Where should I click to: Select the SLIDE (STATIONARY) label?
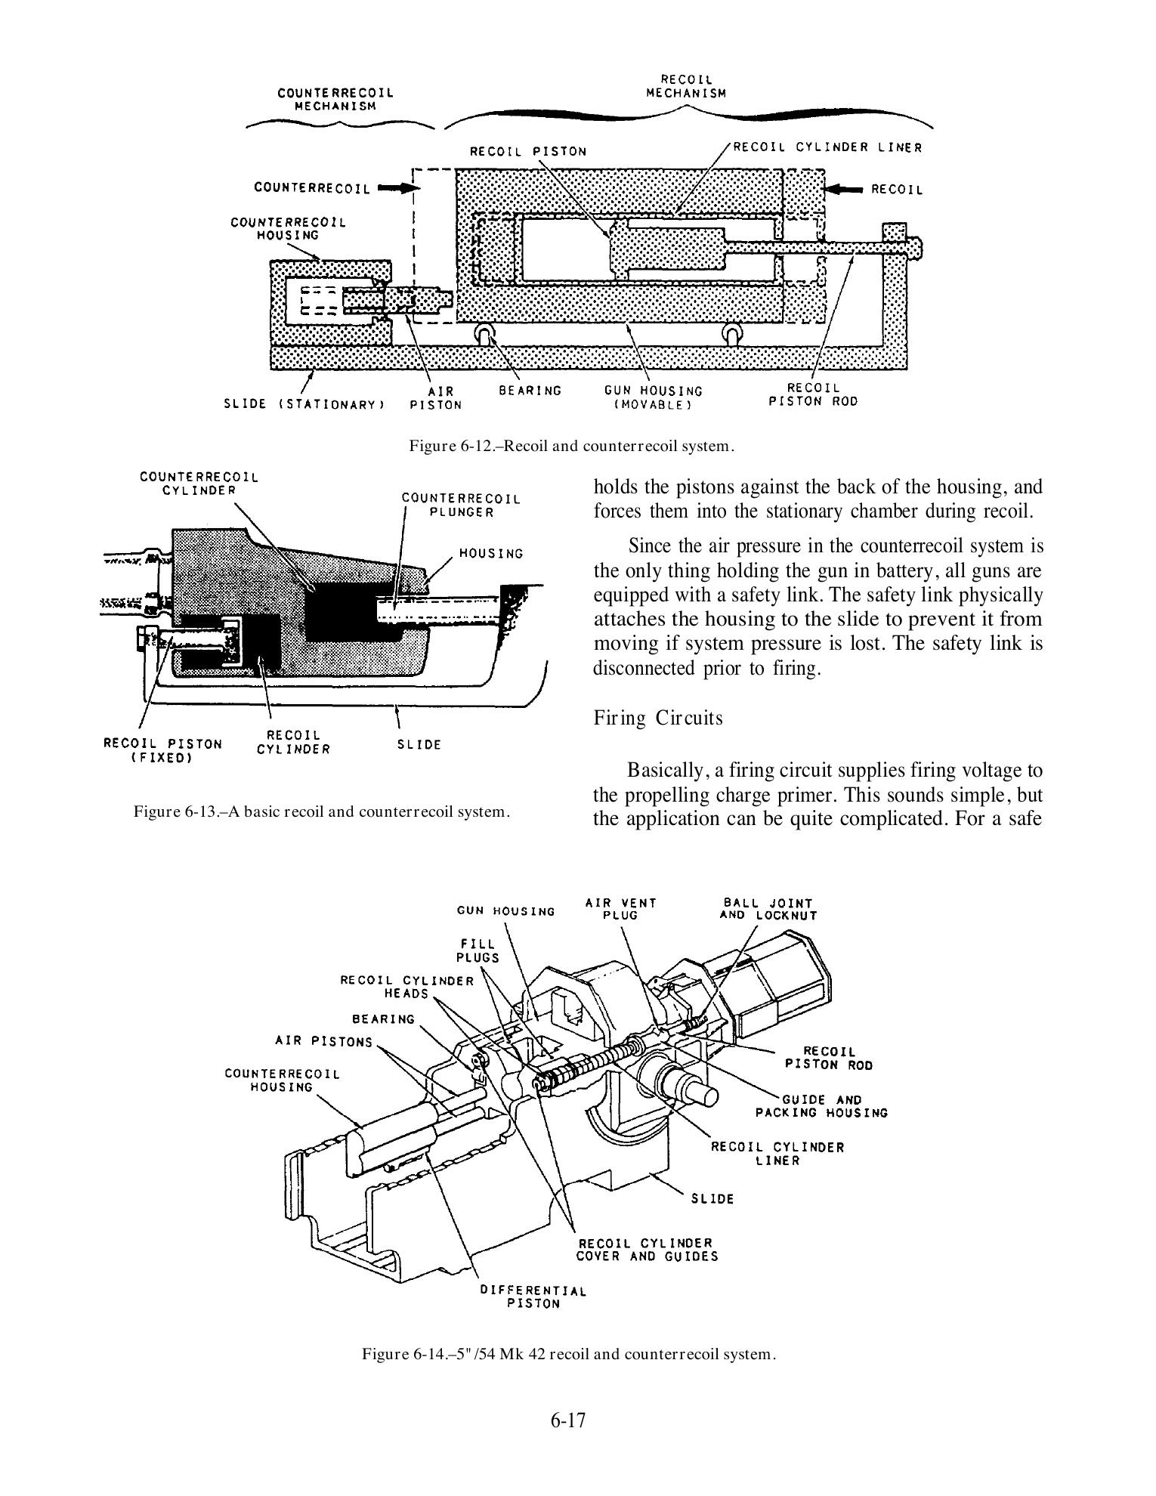pos(304,404)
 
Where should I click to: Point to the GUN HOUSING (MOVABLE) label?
pos(653,397)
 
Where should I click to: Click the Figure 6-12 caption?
pos(571,446)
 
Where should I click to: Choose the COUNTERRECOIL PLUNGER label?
pos(461,505)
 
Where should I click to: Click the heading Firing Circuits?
pos(658,717)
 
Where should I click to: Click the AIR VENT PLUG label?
pos(621,909)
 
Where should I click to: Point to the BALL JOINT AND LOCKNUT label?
pos(768,909)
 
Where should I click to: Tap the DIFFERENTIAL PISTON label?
pos(533,1297)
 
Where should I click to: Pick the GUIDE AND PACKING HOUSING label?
pos(822,1106)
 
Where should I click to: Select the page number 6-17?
pos(568,1420)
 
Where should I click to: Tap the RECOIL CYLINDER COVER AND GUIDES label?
pos(647,1250)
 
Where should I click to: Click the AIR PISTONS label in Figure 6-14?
pos(324,1042)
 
